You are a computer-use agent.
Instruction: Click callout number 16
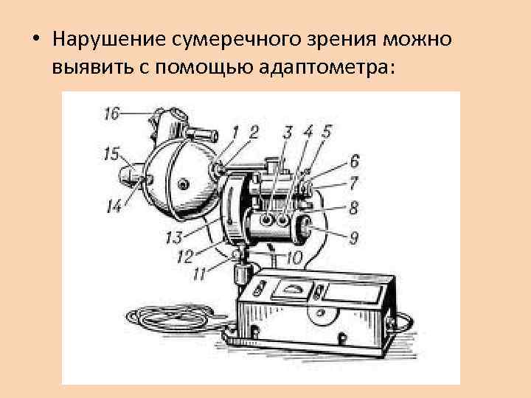111,114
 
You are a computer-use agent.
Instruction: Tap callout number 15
111,154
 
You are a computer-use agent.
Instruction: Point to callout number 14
114,209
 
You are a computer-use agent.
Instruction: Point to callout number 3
288,132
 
